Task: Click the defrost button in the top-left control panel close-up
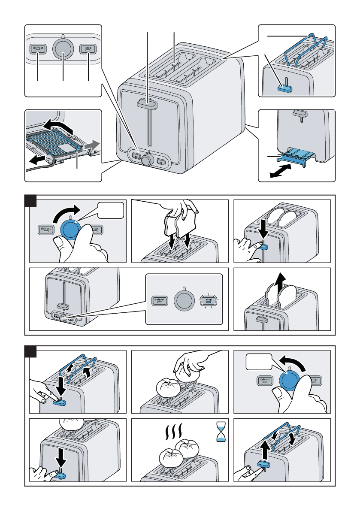pos(38,49)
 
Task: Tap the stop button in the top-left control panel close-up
pos(88,49)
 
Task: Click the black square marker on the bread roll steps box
pos(30,352)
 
